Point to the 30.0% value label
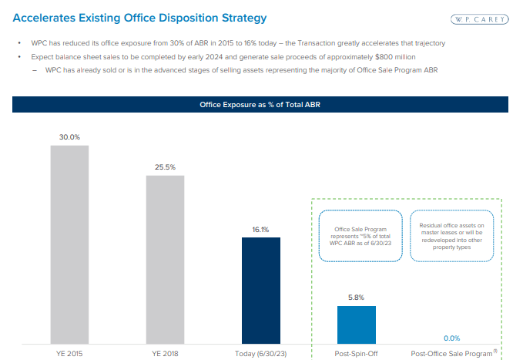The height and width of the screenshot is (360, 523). pos(70,137)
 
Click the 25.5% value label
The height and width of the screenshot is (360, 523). pos(166,167)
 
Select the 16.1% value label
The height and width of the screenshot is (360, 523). pos(261,229)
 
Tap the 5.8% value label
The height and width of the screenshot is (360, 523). pos(357,298)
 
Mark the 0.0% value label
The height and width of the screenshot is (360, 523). pos(452,338)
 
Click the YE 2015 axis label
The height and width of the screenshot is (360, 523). pos(70,353)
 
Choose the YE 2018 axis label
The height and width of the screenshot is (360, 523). pos(166,353)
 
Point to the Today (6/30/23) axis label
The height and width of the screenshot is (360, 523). pos(261,353)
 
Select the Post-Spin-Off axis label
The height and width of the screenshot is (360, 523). pos(357,353)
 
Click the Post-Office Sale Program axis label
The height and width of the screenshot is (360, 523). pos(451,353)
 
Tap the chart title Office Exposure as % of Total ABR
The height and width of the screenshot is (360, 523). pos(260,104)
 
